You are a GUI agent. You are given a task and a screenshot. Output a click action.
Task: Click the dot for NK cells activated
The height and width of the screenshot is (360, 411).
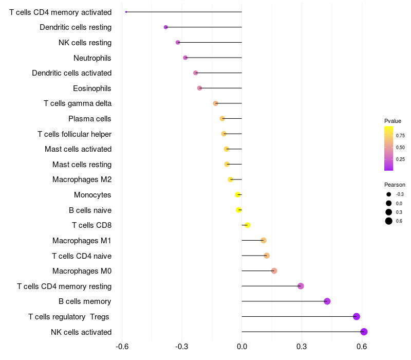[364, 332]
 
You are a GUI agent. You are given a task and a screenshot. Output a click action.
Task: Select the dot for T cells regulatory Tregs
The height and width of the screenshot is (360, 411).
[357, 317]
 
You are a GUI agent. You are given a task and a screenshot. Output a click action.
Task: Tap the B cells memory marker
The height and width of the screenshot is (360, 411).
[327, 301]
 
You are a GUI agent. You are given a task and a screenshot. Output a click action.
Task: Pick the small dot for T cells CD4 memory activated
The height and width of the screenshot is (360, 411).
[126, 12]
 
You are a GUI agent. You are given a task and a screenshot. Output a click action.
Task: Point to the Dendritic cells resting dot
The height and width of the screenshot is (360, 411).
[165, 27]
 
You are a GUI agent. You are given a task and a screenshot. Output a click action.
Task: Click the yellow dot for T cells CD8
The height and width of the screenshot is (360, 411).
[247, 225]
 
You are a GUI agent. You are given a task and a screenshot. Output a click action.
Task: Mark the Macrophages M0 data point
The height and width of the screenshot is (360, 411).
[274, 271]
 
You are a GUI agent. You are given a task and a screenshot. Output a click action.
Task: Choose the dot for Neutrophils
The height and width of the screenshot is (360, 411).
[185, 58]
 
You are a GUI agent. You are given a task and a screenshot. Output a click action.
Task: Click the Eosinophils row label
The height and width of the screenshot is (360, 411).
[92, 88]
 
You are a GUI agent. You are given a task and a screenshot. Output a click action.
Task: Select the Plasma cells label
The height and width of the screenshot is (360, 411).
[90, 119]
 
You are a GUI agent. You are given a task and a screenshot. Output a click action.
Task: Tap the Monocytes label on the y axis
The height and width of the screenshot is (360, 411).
[92, 195]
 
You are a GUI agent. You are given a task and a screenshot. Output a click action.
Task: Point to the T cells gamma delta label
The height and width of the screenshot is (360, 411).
[78, 103]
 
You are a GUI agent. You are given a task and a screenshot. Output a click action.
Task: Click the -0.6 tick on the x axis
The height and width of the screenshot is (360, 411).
[122, 347]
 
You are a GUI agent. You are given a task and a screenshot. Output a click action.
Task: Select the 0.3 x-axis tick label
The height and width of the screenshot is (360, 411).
[302, 347]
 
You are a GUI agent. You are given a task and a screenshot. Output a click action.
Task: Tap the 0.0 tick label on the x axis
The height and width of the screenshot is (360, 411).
[241, 347]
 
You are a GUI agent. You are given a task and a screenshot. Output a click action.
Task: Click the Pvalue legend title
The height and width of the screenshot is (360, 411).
[393, 121]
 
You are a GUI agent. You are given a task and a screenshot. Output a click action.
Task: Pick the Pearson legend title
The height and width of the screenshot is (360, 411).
[395, 185]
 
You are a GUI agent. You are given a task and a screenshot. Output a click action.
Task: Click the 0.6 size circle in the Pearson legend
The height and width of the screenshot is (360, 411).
[388, 221]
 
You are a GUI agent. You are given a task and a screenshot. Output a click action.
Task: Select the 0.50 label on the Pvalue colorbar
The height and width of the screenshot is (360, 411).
[400, 148]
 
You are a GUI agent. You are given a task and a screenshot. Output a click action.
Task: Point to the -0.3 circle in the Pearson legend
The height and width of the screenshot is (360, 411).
[388, 194]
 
